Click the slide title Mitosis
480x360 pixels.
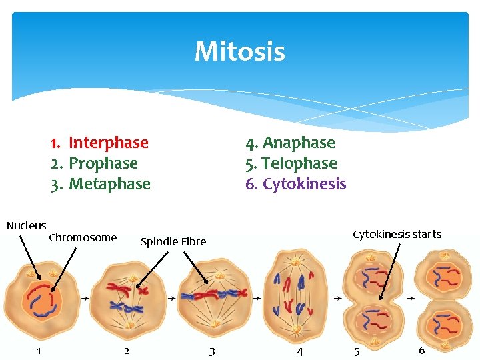tap(240, 51)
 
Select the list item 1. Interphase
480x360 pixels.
tap(99, 143)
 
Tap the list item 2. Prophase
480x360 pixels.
tap(94, 163)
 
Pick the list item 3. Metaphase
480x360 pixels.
tap(101, 184)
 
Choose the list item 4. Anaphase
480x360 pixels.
tap(290, 143)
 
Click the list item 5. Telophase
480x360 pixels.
tap(291, 163)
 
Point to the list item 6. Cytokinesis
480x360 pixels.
tap(296, 184)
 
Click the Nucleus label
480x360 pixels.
tap(27, 225)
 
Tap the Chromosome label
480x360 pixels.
tap(83, 237)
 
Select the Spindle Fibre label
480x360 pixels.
tap(173, 241)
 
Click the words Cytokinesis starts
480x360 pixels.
tap(397, 234)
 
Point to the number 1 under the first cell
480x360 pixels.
tap(39, 351)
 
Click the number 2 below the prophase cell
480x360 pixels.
tap(127, 351)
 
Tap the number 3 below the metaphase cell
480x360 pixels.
tap(212, 351)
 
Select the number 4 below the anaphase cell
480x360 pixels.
tap(299, 351)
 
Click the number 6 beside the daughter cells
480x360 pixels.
tap(421, 350)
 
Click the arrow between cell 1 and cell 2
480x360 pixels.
tap(85, 299)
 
